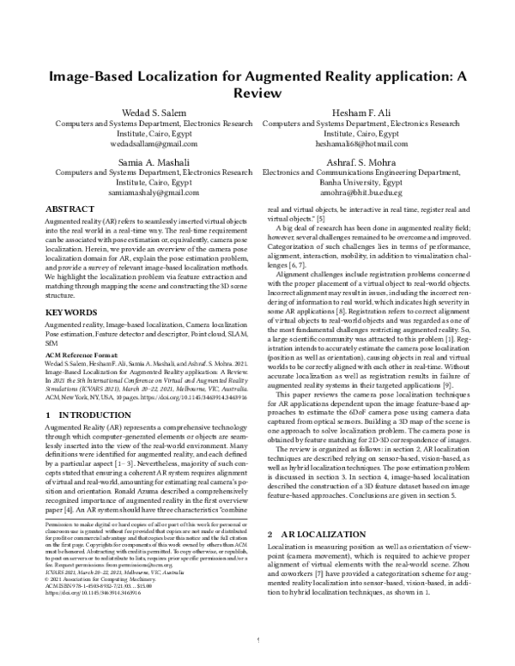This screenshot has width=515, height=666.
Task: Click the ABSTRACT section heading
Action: click(70, 209)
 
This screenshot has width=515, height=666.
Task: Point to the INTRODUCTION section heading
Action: click(82, 390)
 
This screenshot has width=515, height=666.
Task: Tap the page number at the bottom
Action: click(257, 639)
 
